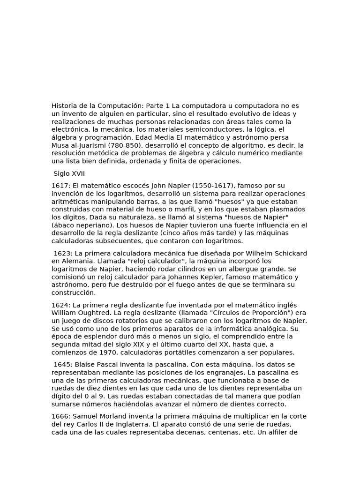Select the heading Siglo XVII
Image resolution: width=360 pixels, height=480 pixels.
pyautogui.click(x=69, y=173)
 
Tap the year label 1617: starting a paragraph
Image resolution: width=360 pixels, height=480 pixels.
pyautogui.click(x=61, y=186)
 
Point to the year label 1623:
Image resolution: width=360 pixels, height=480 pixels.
pyautogui.click(x=63, y=254)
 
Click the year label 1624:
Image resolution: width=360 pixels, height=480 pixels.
pyautogui.click(x=61, y=305)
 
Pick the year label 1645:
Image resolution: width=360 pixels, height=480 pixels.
pyautogui.click(x=63, y=365)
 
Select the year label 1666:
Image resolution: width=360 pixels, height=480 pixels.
pyautogui.click(x=61, y=416)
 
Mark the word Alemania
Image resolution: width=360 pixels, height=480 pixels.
pyautogui.click(x=76, y=261)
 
